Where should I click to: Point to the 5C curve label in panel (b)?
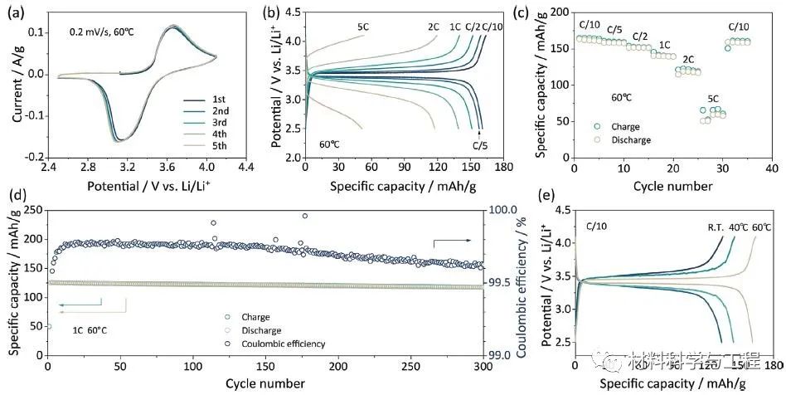pyautogui.click(x=362, y=26)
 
